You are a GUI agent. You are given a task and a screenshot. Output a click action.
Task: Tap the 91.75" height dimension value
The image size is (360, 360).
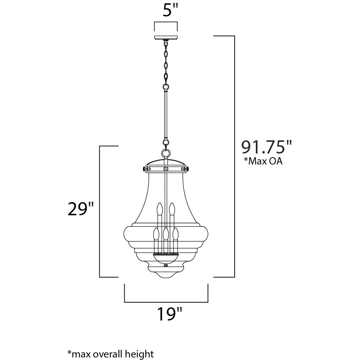click(266, 147)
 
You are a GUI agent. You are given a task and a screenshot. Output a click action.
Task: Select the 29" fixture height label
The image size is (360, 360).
click(81, 209)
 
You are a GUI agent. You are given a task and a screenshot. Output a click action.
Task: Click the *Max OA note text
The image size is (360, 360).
click(263, 161)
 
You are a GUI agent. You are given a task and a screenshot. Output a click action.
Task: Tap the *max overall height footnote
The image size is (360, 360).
click(110, 354)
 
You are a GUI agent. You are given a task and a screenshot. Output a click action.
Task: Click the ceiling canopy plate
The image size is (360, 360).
click(166, 38)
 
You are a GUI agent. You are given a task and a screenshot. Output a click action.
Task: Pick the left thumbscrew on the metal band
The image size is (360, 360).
click(145, 169)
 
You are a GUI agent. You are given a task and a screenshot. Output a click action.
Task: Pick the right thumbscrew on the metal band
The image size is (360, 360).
click(186, 169)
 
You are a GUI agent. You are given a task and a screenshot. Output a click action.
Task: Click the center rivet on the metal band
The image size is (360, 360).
click(166, 169)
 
